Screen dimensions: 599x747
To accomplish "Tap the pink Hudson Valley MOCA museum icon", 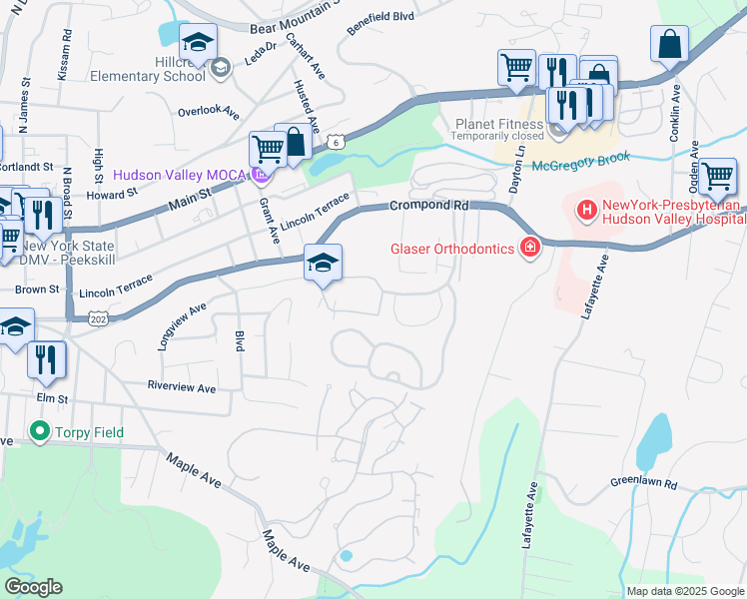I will click(x=262, y=175).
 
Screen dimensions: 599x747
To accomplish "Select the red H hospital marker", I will click(x=586, y=211).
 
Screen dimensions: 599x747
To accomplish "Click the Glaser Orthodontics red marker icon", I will click(x=528, y=248).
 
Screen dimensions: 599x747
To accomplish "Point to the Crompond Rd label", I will click(x=428, y=205).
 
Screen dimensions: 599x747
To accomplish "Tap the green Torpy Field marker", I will click(x=39, y=432).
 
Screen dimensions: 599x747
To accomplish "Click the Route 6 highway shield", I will click(x=341, y=142).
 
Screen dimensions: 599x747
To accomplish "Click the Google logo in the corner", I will click(x=33, y=587).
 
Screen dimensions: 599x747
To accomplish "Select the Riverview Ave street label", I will click(x=181, y=387).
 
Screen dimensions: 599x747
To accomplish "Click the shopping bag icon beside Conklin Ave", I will click(x=669, y=44).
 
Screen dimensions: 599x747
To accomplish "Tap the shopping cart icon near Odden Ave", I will click(x=718, y=177).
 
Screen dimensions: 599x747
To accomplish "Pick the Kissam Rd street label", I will click(x=67, y=47).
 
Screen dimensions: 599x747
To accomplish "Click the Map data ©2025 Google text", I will click(x=684, y=591).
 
